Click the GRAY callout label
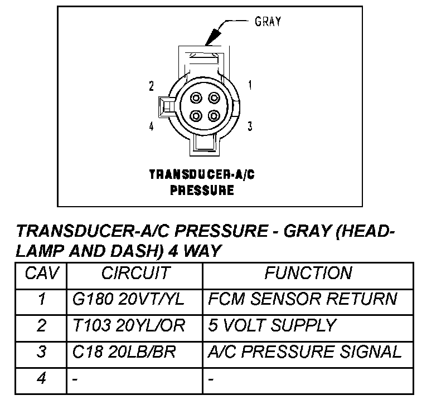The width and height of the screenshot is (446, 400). coord(268,22)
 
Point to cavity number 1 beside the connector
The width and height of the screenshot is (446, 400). coord(250,85)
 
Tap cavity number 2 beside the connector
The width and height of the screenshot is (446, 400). coord(151,86)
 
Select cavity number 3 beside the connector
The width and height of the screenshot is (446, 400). coord(250,126)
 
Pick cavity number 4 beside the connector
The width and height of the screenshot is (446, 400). coord(151,126)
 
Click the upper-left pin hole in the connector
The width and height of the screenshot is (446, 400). coord(195,99)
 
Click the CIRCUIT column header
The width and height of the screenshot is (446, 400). coord(135,274)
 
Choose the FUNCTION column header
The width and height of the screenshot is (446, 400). coord(308,274)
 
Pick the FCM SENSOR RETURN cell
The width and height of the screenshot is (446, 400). coord(302,299)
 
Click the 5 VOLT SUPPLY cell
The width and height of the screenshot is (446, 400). coord(272,325)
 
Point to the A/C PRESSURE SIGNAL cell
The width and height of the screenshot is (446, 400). coord(304,352)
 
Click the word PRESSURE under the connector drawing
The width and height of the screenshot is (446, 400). coord(201,191)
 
